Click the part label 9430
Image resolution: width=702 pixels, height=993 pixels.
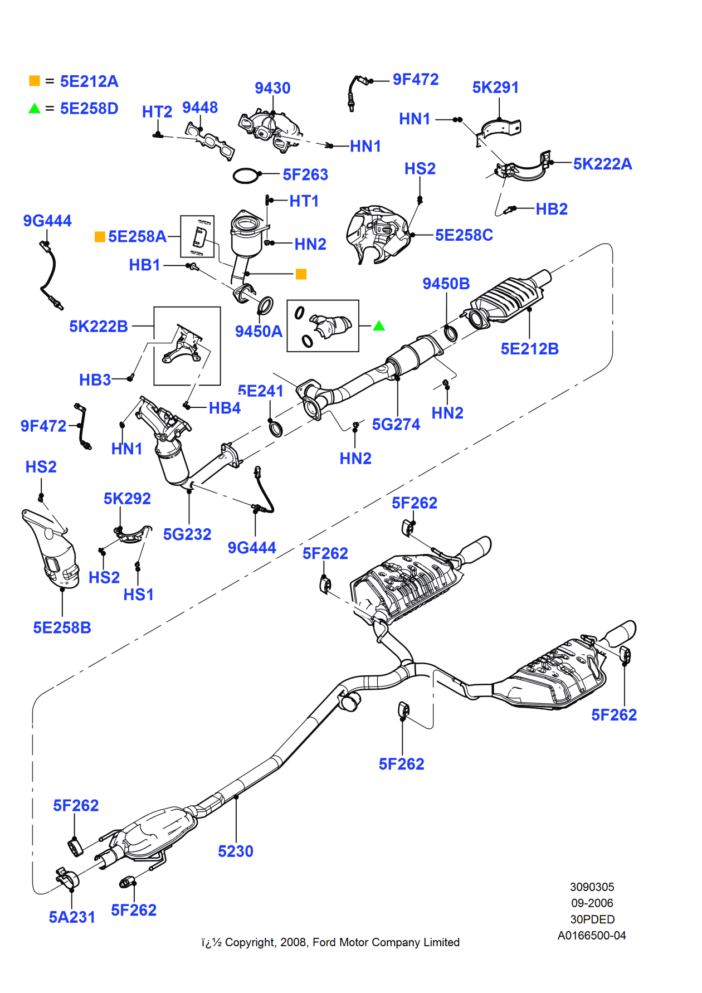pyautogui.click(x=272, y=88)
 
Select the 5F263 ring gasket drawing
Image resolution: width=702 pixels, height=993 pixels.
pyautogui.click(x=246, y=176)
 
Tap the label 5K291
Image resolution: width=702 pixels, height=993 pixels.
pyautogui.click(x=495, y=87)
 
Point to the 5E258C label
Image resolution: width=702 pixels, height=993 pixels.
pyautogui.click(x=464, y=235)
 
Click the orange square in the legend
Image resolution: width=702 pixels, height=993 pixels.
pyautogui.click(x=35, y=81)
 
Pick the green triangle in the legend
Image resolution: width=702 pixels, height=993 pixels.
pyautogui.click(x=35, y=108)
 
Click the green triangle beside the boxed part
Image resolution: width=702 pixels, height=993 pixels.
pyautogui.click(x=379, y=326)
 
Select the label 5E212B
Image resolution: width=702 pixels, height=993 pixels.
pyautogui.click(x=529, y=349)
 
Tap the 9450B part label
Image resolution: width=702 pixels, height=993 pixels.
pyautogui.click(x=446, y=284)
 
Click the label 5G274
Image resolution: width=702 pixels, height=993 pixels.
pyautogui.click(x=396, y=425)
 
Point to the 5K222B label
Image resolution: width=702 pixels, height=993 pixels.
pyautogui.click(x=99, y=327)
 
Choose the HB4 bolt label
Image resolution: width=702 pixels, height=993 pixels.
pyautogui.click(x=225, y=408)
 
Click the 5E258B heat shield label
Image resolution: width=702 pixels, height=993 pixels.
pyautogui.click(x=62, y=628)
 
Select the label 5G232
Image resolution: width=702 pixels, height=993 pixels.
pyautogui.click(x=187, y=534)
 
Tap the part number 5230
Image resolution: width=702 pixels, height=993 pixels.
pyautogui.click(x=236, y=851)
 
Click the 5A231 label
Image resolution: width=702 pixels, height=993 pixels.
pyautogui.click(x=72, y=917)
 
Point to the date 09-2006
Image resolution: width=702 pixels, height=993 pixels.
pyautogui.click(x=592, y=903)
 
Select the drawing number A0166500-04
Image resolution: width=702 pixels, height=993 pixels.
pyautogui.click(x=592, y=936)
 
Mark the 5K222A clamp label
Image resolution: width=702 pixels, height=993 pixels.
pyautogui.click(x=602, y=164)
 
